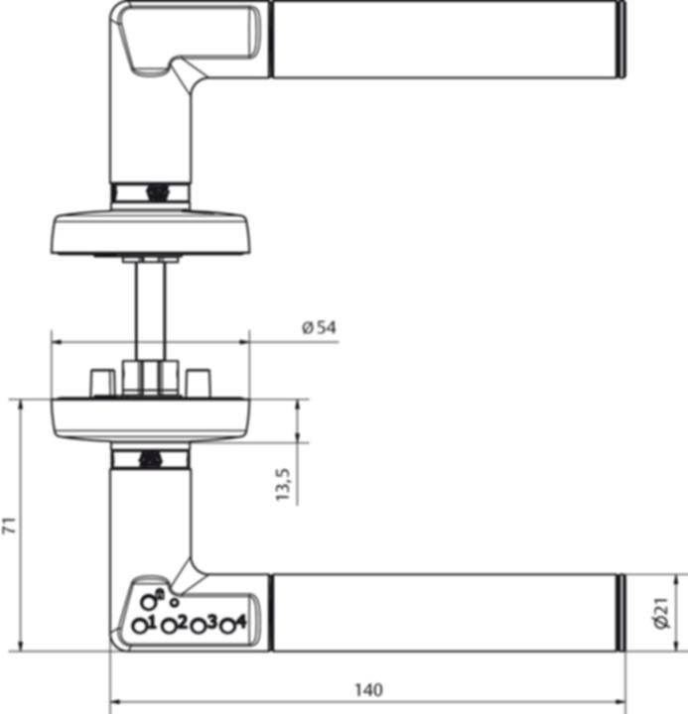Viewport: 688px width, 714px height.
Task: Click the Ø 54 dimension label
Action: (318, 328)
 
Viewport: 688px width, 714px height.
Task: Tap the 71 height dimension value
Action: (10, 526)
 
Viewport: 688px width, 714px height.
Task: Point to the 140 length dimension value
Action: (366, 690)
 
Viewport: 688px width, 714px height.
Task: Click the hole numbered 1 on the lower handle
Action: (140, 627)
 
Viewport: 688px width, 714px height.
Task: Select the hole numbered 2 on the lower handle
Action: (169, 627)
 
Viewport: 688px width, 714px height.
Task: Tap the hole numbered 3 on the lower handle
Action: (199, 627)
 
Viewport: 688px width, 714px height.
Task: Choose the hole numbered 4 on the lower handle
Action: (227, 627)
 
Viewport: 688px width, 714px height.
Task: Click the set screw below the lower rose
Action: (151, 459)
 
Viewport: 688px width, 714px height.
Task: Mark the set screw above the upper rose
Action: (153, 191)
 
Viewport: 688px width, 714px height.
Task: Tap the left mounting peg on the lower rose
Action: (99, 381)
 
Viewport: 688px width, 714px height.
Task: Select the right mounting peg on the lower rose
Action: (199, 381)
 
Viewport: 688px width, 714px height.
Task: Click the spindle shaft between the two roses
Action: (150, 307)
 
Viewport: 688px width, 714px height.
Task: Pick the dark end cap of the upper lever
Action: (621, 39)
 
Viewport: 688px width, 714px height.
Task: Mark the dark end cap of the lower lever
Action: (621, 612)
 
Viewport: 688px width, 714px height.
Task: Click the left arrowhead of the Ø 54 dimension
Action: (56, 342)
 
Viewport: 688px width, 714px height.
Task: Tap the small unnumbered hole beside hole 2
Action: (175, 602)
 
